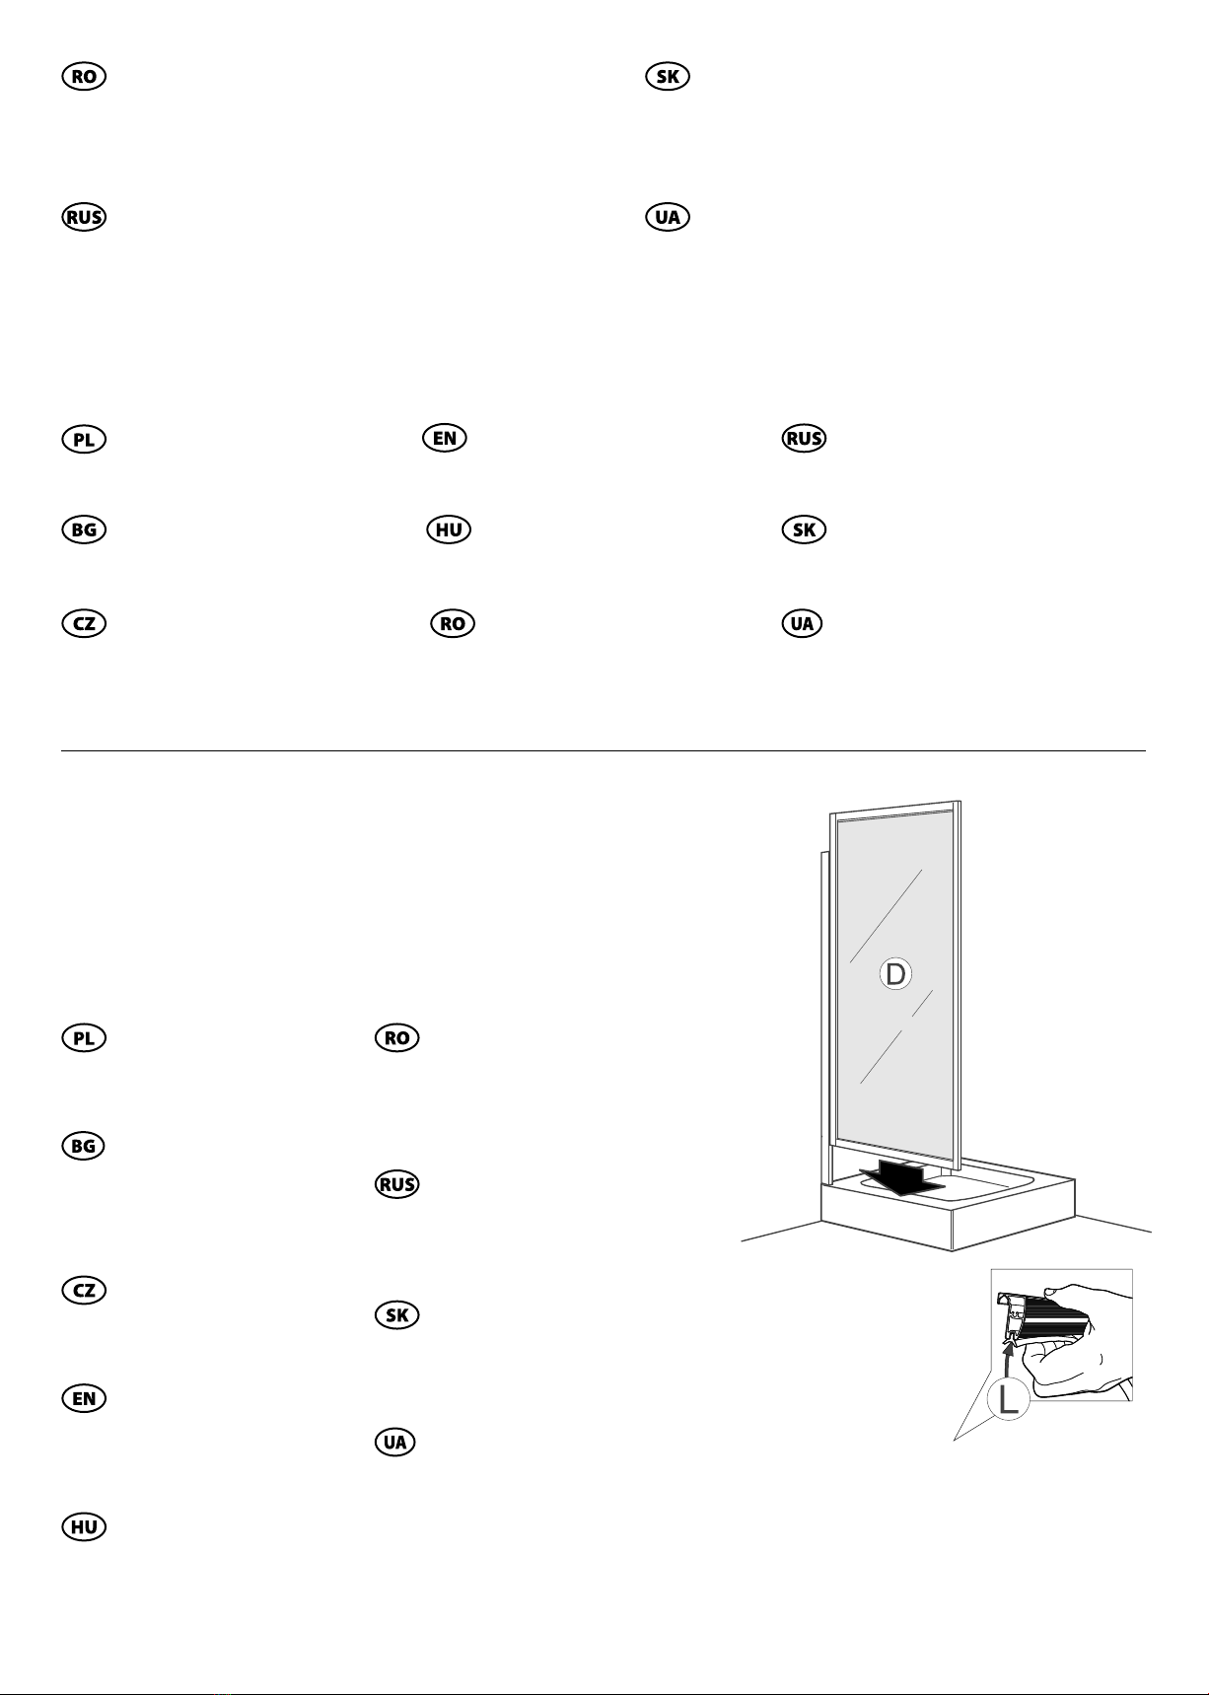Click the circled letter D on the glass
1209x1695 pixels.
tap(894, 974)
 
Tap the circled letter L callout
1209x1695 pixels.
tap(1009, 1401)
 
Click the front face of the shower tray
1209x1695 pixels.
tap(887, 1223)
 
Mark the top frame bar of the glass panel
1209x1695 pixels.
tap(895, 810)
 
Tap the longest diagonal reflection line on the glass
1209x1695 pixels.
tap(886, 917)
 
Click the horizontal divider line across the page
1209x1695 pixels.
tap(604, 750)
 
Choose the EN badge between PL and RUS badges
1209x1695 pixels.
tap(444, 438)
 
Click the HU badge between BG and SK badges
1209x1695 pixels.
tap(449, 530)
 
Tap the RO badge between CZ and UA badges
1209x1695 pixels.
tap(454, 623)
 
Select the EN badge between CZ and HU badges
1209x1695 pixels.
tap(84, 1398)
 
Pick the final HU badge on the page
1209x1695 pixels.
tap(84, 1526)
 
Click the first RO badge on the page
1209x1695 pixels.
tap(84, 77)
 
